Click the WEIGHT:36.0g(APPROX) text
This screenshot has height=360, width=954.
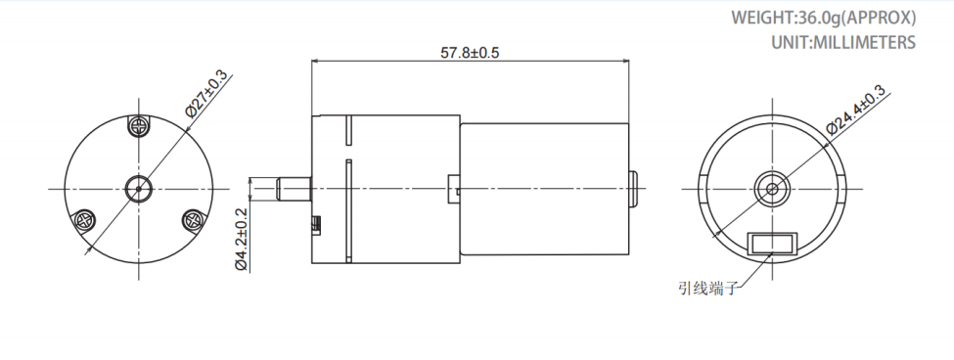[x=823, y=18]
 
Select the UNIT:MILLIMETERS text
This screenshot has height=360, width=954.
[x=842, y=42]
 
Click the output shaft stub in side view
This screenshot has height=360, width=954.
[x=294, y=188]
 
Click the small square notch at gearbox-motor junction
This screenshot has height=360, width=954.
[x=452, y=187]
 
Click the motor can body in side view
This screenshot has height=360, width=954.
[x=543, y=188]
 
